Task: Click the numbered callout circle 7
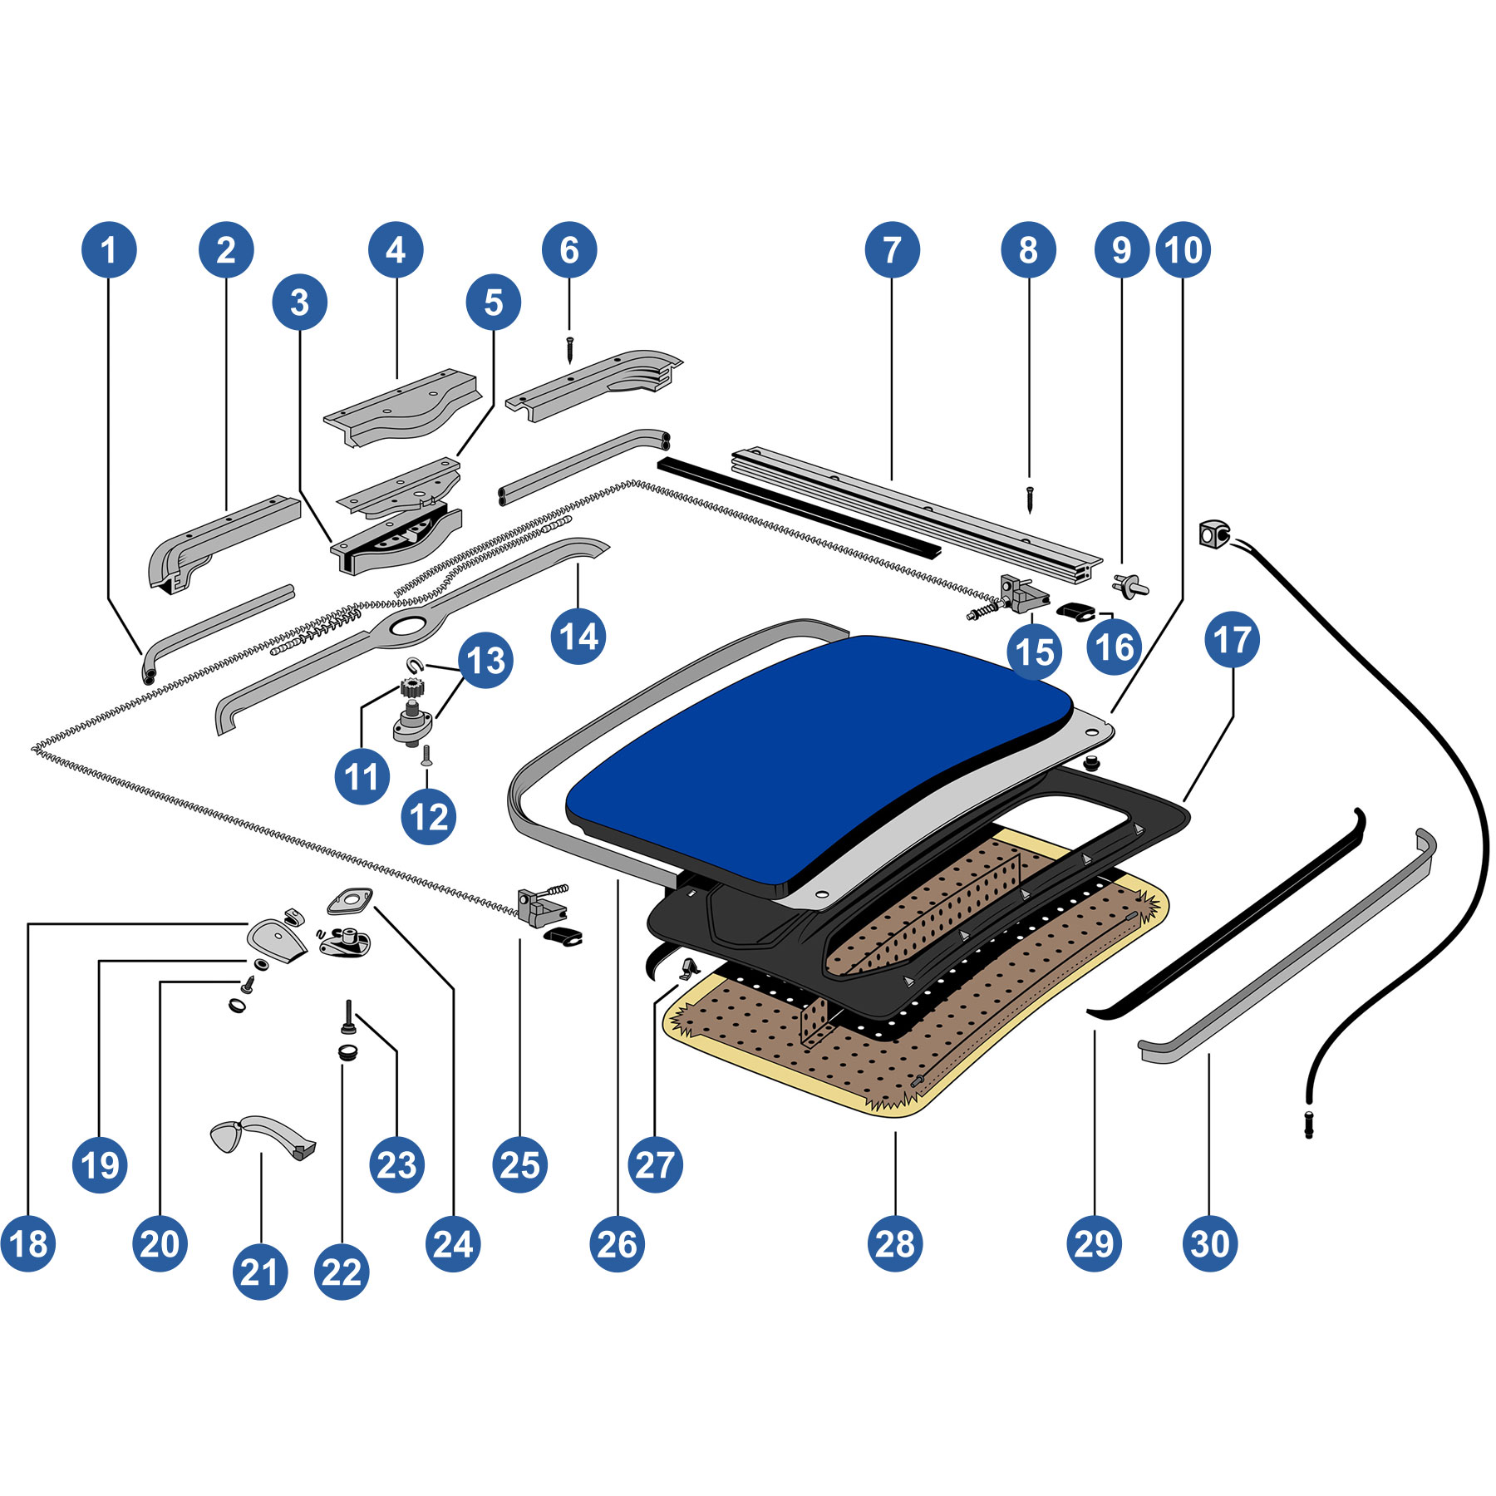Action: (x=892, y=249)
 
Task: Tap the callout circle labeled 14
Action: (x=578, y=637)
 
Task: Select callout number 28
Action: (x=895, y=1244)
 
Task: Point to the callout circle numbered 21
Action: (x=260, y=1272)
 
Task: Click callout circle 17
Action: (x=1233, y=640)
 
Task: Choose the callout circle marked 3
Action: (x=299, y=303)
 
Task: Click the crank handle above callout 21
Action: (x=262, y=1134)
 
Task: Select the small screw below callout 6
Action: (x=569, y=348)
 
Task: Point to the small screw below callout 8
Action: (x=1030, y=499)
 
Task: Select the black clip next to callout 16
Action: (x=1077, y=611)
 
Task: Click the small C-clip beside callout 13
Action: (x=414, y=664)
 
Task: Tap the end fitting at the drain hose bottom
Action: (x=1309, y=1124)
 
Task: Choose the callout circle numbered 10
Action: (x=1184, y=249)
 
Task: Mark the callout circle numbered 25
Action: (x=519, y=1165)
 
